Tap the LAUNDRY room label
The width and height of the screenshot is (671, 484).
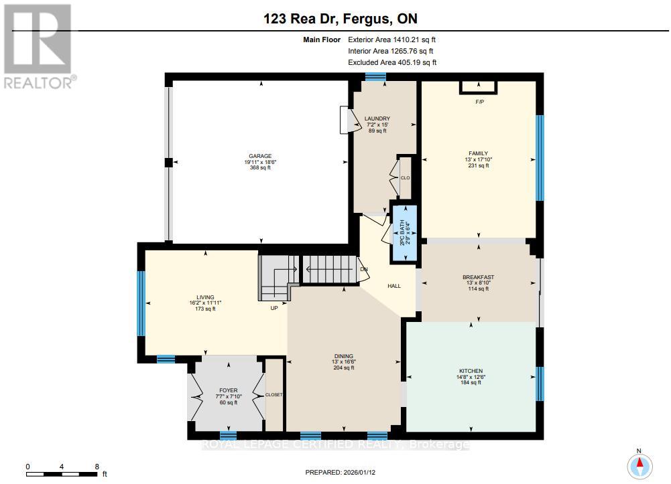[x=377, y=119]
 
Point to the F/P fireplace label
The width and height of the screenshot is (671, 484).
[x=479, y=102]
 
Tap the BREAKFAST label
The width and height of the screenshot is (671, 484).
[x=478, y=277]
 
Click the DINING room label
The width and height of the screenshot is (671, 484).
[x=344, y=356]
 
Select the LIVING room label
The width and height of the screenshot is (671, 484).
[x=205, y=297]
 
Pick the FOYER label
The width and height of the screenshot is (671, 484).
[x=229, y=389]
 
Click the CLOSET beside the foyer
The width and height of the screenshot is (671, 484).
[x=274, y=395]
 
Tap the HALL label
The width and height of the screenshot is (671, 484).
[x=394, y=286]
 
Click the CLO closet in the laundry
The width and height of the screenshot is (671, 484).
[x=405, y=178]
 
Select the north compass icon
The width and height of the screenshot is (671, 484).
[x=639, y=463]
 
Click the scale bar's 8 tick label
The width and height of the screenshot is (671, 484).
[x=97, y=467]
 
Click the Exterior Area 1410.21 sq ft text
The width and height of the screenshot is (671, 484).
[x=392, y=39]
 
